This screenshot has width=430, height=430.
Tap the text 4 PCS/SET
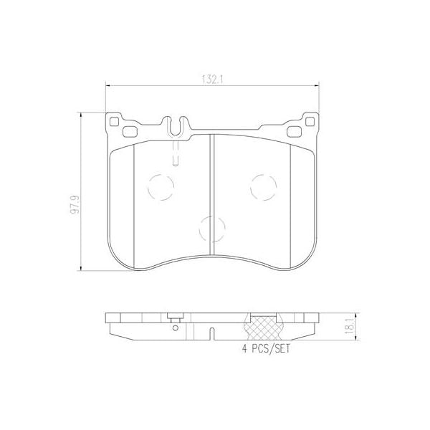click(x=269, y=349)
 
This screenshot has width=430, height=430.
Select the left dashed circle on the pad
click(x=161, y=188)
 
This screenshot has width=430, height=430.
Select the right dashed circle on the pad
click(x=263, y=188)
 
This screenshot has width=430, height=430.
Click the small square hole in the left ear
click(x=115, y=121)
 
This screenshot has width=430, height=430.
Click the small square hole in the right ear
click(x=310, y=121)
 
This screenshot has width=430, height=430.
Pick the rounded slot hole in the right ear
click(x=294, y=131)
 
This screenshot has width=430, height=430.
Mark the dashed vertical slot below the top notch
click(x=176, y=151)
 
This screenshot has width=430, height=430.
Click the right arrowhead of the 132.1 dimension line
click(x=315, y=87)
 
